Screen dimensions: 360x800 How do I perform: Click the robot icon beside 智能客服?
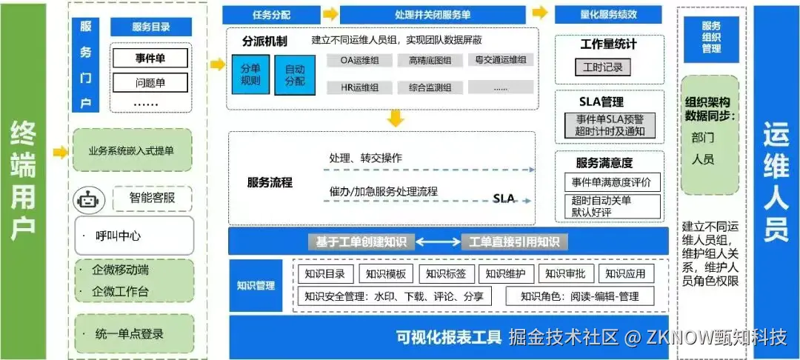(x=88, y=199)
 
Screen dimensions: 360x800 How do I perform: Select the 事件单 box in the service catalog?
(x=150, y=58)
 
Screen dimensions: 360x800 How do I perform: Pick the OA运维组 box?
(x=359, y=61)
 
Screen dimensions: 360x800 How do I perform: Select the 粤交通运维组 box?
(x=501, y=60)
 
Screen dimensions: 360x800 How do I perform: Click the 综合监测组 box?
(x=430, y=87)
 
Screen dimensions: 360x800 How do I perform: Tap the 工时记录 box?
(x=602, y=67)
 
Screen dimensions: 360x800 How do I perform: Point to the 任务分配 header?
(x=272, y=14)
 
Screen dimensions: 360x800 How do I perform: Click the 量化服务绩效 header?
(x=609, y=14)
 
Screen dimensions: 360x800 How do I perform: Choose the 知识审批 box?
(x=564, y=274)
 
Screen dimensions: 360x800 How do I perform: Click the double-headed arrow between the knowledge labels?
(x=439, y=241)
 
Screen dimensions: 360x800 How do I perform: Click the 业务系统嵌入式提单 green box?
(x=132, y=151)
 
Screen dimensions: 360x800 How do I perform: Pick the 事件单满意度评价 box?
(x=612, y=182)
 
